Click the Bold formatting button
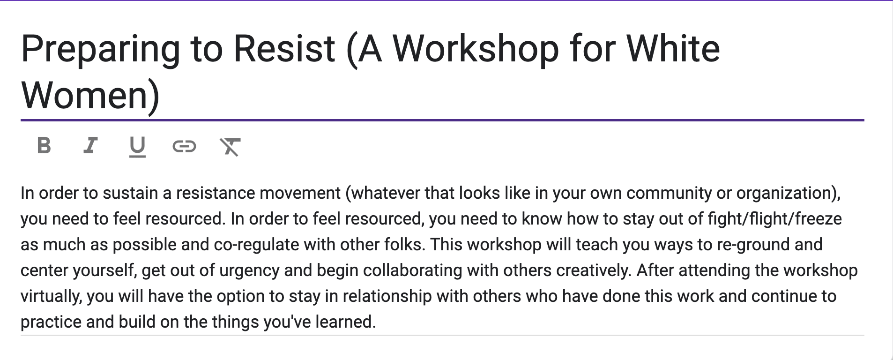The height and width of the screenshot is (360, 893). click(44, 146)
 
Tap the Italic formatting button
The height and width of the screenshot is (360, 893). click(90, 146)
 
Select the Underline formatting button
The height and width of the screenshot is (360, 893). click(137, 147)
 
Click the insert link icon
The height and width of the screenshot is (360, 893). click(184, 147)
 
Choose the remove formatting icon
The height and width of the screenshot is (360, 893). click(230, 147)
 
